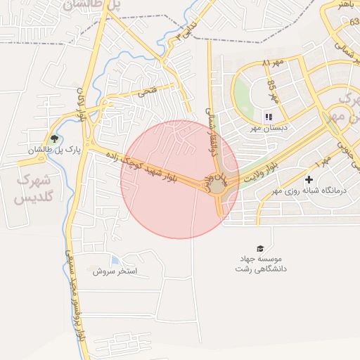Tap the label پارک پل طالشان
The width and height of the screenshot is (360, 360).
click(x=55, y=150)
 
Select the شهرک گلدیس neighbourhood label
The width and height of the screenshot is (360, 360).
click(x=36, y=189)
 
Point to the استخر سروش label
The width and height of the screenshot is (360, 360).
click(x=115, y=270)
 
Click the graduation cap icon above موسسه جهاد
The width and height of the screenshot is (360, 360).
click(x=261, y=248)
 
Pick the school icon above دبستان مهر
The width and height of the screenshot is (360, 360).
click(x=268, y=117)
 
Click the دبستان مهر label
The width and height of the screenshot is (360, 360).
click(x=260, y=129)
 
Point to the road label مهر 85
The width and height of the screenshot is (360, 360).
click(x=273, y=91)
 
